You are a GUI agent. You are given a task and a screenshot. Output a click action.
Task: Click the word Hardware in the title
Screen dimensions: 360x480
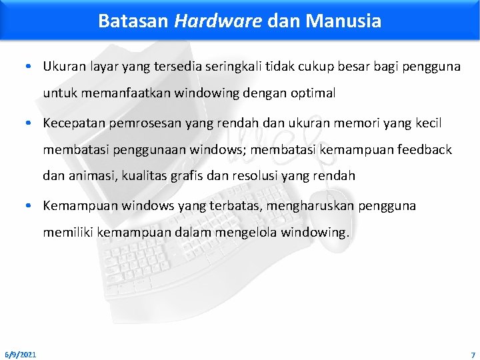point(218,21)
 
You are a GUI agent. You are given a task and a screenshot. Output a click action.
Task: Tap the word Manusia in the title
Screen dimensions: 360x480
point(343,21)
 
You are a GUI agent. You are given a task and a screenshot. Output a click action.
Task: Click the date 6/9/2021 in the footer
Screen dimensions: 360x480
point(21,354)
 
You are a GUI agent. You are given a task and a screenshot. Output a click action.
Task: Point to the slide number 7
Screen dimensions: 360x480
point(472,354)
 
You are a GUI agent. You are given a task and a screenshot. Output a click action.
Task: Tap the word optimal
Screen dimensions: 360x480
point(313,93)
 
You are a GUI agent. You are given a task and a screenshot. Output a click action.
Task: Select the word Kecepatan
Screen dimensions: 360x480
point(73,123)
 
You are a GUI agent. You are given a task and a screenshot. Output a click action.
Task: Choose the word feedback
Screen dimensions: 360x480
point(423,150)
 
